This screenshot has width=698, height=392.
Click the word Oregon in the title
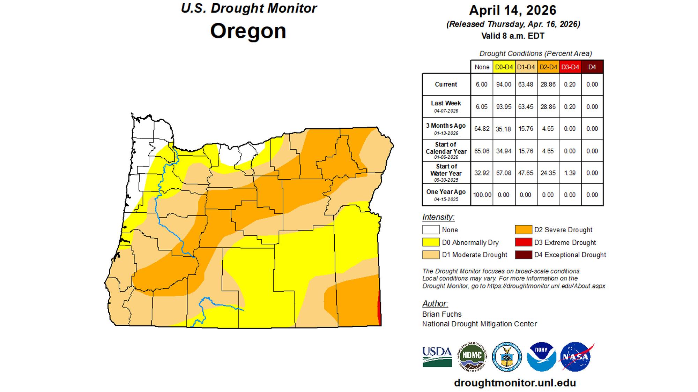[x=248, y=31]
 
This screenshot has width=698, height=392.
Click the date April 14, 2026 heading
[x=512, y=10]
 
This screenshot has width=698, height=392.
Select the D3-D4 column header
[x=570, y=67]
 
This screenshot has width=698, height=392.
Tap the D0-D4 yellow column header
[x=504, y=67]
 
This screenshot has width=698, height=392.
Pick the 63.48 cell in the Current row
[x=526, y=84]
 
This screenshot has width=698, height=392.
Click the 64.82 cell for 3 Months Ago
[x=482, y=129]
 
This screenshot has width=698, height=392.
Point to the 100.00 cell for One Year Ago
[x=482, y=195]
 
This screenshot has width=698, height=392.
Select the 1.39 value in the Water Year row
[x=570, y=173]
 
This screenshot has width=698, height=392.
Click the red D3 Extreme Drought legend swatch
[x=523, y=242]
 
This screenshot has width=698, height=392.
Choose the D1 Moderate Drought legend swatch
[x=431, y=255]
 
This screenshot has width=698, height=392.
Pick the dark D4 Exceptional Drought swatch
[x=523, y=255]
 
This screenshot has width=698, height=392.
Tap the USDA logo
[x=437, y=357]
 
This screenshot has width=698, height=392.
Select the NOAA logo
[x=541, y=356]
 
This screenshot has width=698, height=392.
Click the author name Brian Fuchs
[x=441, y=314]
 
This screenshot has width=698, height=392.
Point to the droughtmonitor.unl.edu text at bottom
[x=515, y=383]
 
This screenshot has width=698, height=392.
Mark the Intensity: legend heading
[x=438, y=217]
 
